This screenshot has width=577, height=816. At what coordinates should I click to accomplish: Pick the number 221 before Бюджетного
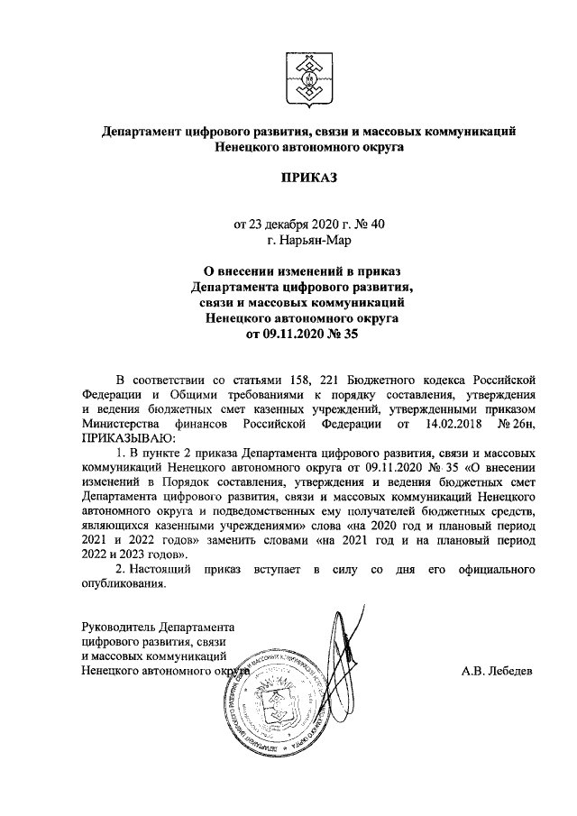click(340, 378)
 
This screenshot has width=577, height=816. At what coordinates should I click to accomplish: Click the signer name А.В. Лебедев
click(497, 672)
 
